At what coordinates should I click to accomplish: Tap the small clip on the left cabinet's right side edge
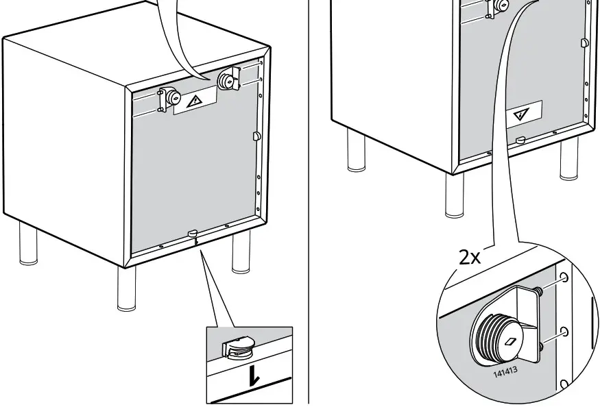(257, 136)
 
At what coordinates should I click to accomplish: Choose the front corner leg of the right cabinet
(455, 195)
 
